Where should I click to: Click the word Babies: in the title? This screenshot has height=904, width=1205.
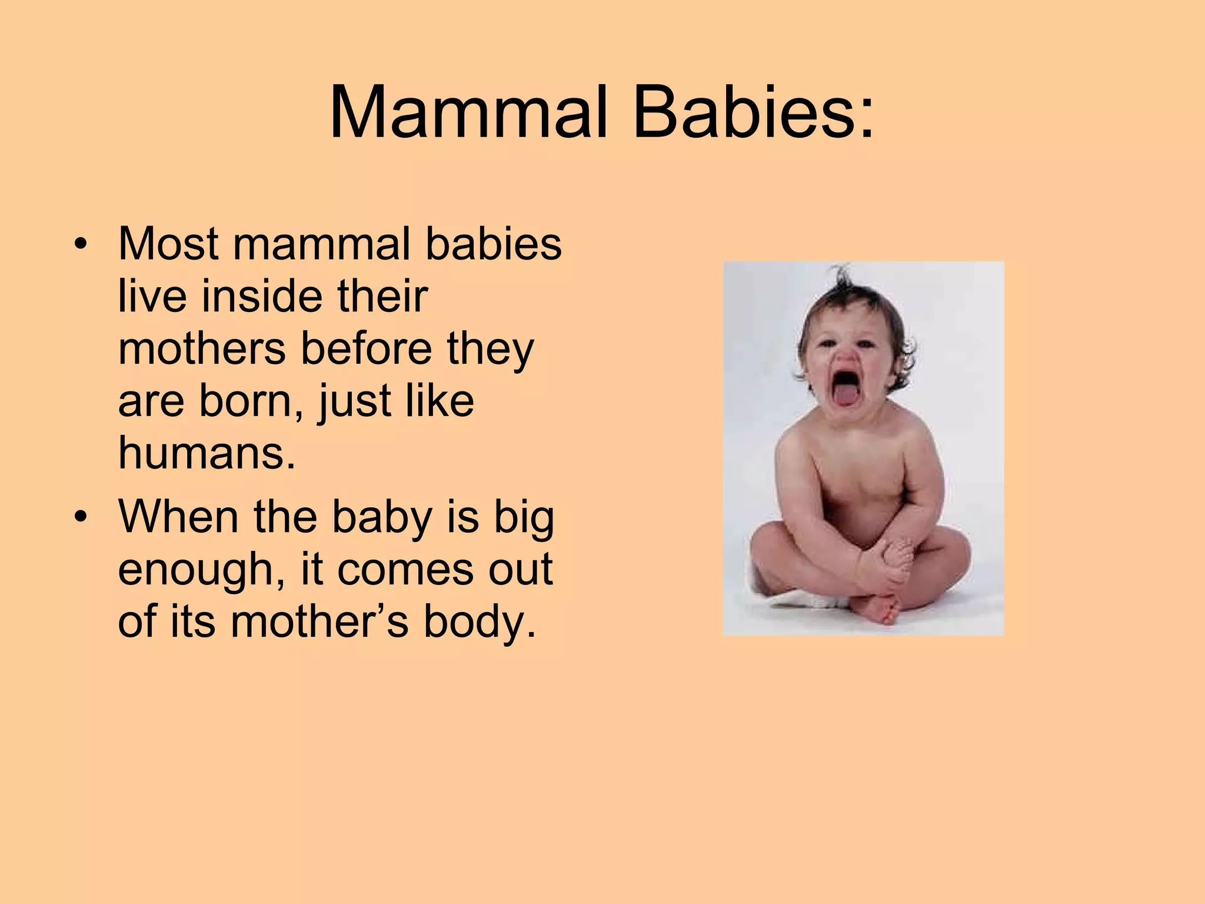point(753,112)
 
